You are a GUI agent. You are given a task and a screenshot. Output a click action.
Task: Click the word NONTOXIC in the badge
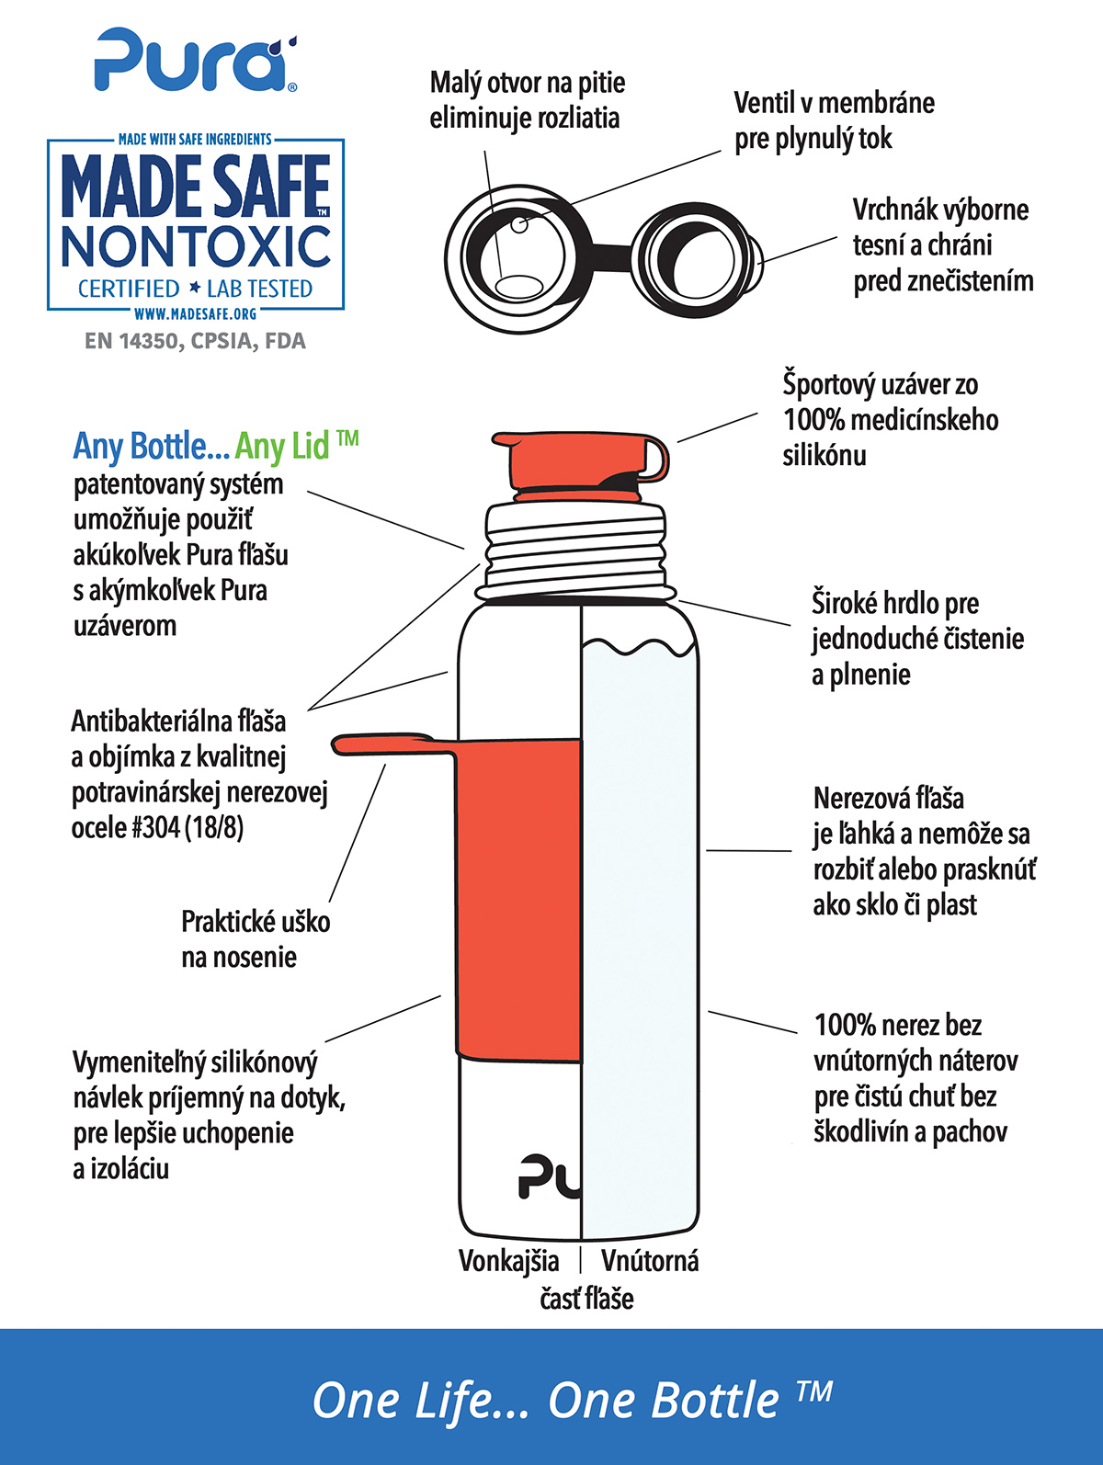(196, 246)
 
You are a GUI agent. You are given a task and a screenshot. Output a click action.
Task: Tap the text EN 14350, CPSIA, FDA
(195, 341)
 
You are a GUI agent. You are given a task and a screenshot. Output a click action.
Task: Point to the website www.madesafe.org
(196, 313)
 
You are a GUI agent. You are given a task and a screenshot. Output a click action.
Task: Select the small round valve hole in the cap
(519, 225)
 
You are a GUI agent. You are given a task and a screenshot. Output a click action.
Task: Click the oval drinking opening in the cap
(518, 287)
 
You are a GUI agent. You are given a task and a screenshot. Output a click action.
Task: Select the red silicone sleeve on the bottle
(517, 900)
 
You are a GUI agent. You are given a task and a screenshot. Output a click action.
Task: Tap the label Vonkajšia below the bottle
(509, 1261)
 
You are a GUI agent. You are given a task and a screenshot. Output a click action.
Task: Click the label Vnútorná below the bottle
(650, 1261)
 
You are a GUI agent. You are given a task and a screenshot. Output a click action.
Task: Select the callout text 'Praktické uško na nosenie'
(256, 939)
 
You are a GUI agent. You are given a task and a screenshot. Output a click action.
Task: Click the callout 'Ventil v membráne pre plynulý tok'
(834, 120)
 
